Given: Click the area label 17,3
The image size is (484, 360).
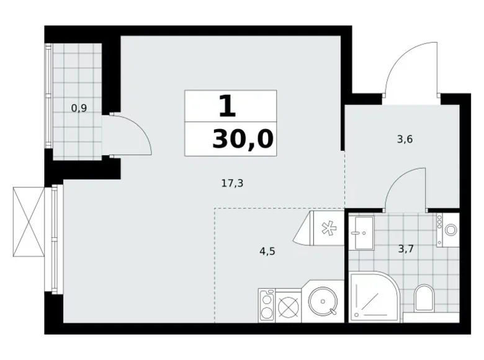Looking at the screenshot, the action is tap(232, 183).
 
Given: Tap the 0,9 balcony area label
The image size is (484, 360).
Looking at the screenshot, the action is tap(79, 108).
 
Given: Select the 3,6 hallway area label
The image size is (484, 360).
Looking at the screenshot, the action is tap(405, 139).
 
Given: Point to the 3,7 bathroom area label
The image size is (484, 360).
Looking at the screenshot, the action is tap(406, 248).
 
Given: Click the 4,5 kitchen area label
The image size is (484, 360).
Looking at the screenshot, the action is tap(267, 251).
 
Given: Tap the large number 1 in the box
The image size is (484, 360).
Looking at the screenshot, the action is tap(228, 106).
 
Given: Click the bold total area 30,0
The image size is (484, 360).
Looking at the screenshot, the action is tap(243, 139).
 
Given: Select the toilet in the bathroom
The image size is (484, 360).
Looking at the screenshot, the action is tap(424, 297).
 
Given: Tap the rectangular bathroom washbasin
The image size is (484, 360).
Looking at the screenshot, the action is tap(364, 233).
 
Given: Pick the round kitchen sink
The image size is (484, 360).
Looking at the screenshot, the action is tap(323, 301).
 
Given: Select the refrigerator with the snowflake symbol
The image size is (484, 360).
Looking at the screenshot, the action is tap(319, 228).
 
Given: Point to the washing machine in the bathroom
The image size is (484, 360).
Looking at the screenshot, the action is tap(448, 230).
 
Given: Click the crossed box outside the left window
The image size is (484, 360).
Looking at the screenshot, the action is tap(29, 222).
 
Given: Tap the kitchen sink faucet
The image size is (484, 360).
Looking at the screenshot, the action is tap(333, 311).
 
